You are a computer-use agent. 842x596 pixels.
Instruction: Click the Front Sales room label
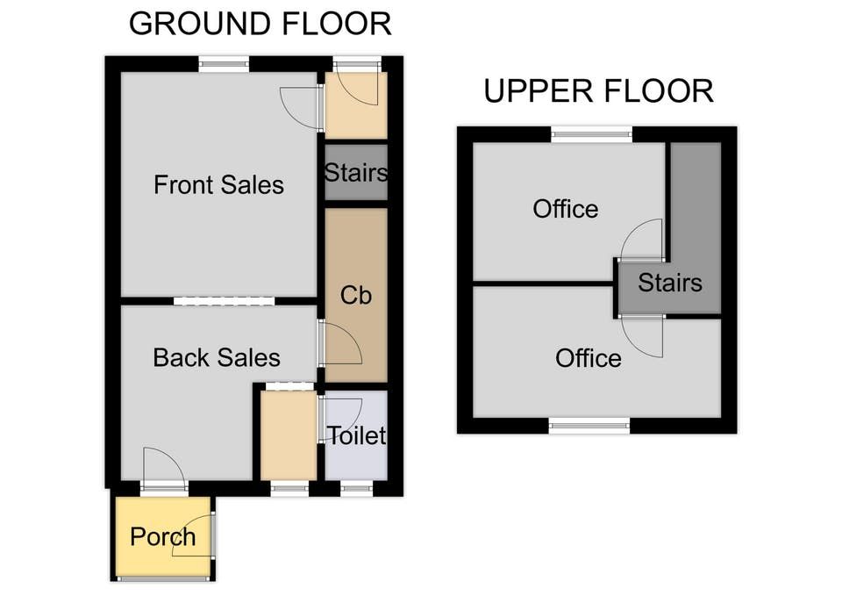coord(218,185)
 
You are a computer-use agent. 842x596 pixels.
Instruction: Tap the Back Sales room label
coord(217,358)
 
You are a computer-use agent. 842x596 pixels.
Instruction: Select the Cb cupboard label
coord(356,295)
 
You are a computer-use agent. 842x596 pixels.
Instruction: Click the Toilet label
coord(357,436)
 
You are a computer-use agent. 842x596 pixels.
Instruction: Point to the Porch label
coord(163,537)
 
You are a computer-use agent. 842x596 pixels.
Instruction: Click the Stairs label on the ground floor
coord(356,173)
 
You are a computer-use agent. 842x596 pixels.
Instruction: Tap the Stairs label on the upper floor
coord(669,283)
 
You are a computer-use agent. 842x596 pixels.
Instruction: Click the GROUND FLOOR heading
coord(260,25)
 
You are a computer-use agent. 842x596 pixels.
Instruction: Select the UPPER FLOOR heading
coord(599,90)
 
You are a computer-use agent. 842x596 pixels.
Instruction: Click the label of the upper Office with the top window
coord(566,209)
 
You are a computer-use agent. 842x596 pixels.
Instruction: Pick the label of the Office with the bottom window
coord(589,358)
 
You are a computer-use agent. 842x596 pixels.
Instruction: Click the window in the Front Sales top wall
coord(224,64)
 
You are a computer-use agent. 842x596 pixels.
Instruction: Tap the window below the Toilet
coord(357,489)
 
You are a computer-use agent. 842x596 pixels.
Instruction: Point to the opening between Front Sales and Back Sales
coord(224,301)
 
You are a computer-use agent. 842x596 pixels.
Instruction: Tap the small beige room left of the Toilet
coord(289,435)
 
